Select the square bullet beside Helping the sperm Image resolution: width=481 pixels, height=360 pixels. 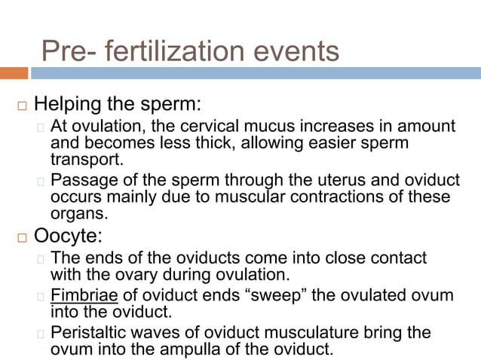point(21,103)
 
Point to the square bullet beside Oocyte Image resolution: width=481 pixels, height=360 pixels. point(21,236)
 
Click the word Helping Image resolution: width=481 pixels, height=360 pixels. point(70,102)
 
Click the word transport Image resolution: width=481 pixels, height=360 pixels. point(85,159)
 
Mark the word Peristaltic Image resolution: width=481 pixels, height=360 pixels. point(88,333)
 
